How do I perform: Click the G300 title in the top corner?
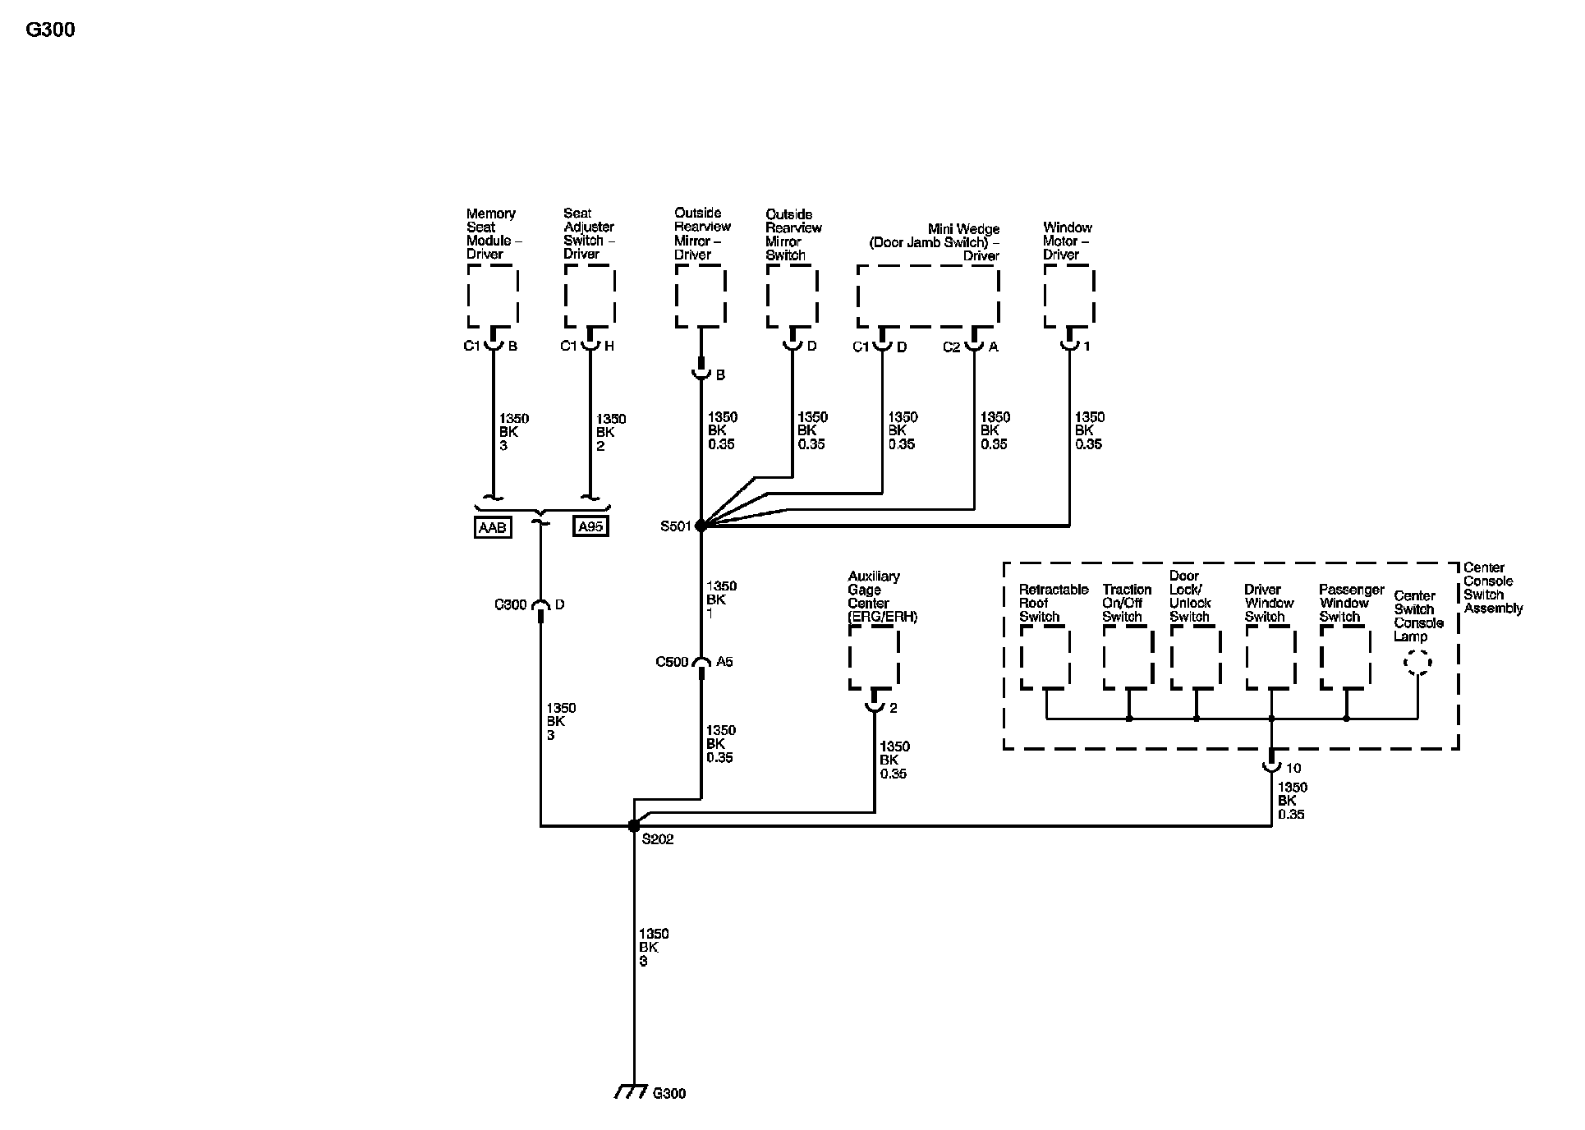pyautogui.click(x=50, y=30)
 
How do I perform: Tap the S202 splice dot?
pyautogui.click(x=633, y=826)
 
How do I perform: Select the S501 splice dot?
pyautogui.click(x=701, y=526)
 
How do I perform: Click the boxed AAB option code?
pyautogui.click(x=493, y=527)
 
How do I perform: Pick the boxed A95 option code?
pyautogui.click(x=590, y=526)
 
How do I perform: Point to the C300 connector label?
pyautogui.click(x=510, y=605)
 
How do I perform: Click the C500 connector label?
pyautogui.click(x=672, y=662)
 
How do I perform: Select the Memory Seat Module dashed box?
pyautogui.click(x=493, y=296)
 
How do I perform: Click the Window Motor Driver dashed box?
pyautogui.click(x=1069, y=296)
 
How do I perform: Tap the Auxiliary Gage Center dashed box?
pyautogui.click(x=874, y=657)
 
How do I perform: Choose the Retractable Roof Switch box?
pyautogui.click(x=1045, y=658)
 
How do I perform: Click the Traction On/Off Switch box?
pyautogui.click(x=1128, y=658)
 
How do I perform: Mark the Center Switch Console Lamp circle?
pyautogui.click(x=1417, y=662)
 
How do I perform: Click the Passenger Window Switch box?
pyautogui.click(x=1345, y=658)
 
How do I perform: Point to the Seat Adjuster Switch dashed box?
pyautogui.click(x=590, y=296)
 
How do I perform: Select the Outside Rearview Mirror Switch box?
pyautogui.click(x=792, y=296)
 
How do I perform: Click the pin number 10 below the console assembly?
pyautogui.click(x=1293, y=769)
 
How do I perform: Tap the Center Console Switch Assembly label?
pyautogui.click(x=1492, y=588)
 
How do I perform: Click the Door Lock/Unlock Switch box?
pyautogui.click(x=1195, y=658)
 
